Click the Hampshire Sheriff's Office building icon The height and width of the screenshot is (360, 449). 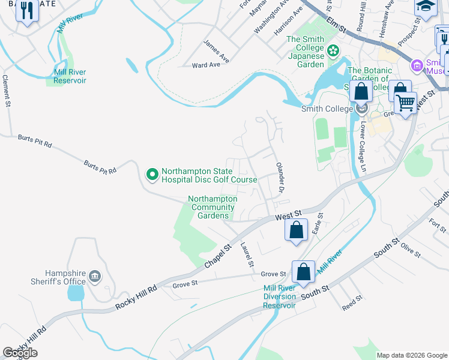[x=94, y=276]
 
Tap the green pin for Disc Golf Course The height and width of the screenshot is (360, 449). [x=152, y=175]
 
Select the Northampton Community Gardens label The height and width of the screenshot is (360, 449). [x=212, y=207]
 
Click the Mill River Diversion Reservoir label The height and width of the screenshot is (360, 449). [x=279, y=296]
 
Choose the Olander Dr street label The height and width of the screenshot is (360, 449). [x=279, y=178]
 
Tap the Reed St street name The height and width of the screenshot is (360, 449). [x=352, y=302]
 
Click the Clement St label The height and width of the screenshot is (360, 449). [x=7, y=91]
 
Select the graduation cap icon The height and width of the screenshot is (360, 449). [x=426, y=7]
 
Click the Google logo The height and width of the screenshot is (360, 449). [x=20, y=353]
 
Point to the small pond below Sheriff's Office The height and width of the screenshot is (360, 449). [x=76, y=293]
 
